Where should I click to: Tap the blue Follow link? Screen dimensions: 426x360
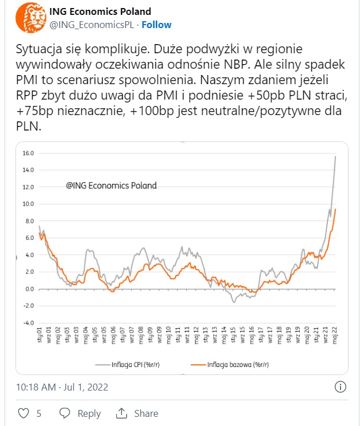tap(156, 25)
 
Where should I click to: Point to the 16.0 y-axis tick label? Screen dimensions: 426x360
tap(28, 153)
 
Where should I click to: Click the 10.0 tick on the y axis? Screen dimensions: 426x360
tap(28, 204)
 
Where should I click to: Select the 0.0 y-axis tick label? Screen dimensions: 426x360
tap(29, 289)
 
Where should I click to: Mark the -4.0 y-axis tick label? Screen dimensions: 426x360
tap(28, 322)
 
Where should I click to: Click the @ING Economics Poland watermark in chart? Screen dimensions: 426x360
tap(111, 186)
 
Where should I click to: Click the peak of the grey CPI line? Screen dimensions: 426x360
tap(335, 156)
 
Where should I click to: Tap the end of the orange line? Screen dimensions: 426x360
tap(335, 209)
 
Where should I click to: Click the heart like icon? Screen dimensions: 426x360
tap(24, 413)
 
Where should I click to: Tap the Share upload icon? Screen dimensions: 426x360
tap(122, 413)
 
